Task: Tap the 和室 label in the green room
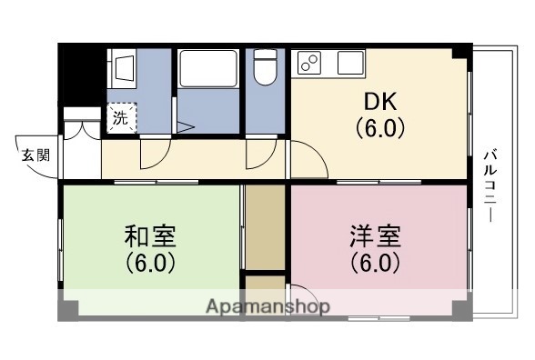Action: [x=149, y=237]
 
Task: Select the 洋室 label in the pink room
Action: [x=374, y=237]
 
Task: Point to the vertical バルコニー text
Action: [x=489, y=182]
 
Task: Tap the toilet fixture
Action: [x=265, y=69]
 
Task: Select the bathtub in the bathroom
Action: [x=208, y=68]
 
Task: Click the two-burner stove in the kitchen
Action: [x=310, y=63]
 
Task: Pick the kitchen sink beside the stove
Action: [x=350, y=63]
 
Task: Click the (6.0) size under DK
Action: [x=379, y=127]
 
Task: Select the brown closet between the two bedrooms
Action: [x=266, y=227]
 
